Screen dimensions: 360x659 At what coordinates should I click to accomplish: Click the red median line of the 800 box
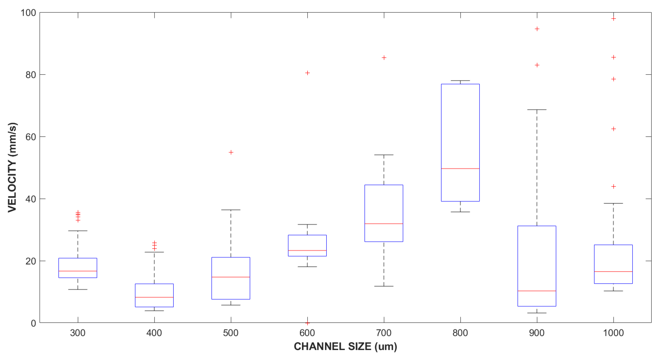point(460,169)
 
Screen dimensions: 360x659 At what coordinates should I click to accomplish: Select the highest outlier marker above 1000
point(613,19)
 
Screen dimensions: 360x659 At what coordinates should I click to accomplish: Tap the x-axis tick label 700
point(384,333)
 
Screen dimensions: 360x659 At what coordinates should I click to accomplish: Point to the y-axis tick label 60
point(31,137)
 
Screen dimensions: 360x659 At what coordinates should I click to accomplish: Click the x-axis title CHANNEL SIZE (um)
point(345,346)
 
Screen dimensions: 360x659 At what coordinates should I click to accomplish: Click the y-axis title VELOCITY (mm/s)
point(12,168)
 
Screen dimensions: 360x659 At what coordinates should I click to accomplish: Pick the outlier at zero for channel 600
point(307,323)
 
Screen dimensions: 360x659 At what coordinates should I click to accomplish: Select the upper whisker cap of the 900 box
point(537,109)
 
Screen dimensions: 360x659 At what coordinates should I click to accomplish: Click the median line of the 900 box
point(537,291)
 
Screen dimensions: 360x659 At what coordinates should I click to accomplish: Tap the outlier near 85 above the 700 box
point(384,58)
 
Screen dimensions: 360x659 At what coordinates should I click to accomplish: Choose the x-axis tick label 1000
point(613,333)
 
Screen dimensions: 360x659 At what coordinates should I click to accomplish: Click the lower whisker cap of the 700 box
point(384,286)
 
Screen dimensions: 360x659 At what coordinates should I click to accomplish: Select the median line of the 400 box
point(154,297)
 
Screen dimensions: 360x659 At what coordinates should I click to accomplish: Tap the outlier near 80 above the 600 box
point(307,73)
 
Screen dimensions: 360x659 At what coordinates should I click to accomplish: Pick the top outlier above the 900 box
point(537,29)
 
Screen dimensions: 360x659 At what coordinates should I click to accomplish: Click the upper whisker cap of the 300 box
point(78,231)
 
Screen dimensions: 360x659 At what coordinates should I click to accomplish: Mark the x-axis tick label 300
point(78,333)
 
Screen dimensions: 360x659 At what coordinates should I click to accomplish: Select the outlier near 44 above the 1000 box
point(613,187)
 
